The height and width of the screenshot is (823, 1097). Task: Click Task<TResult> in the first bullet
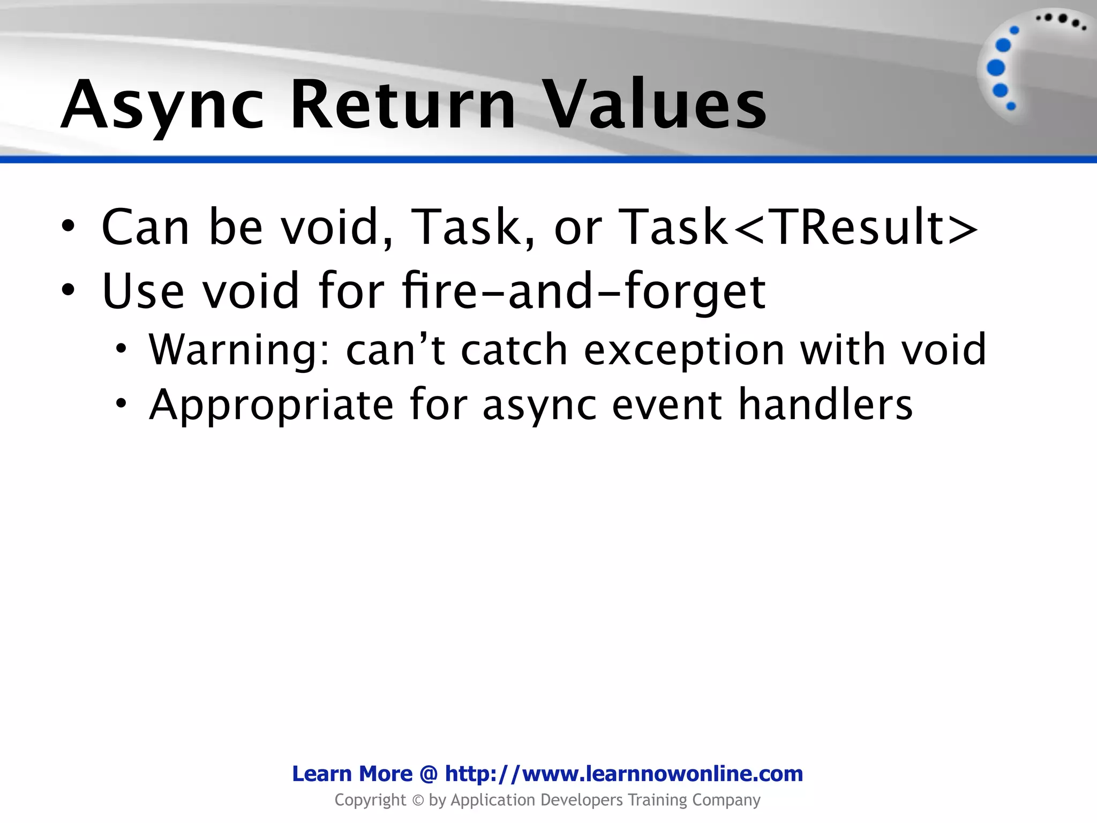tap(798, 227)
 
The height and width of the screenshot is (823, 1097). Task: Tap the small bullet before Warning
tap(122, 349)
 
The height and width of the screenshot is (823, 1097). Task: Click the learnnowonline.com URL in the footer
tap(624, 774)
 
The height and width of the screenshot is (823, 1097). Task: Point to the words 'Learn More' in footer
tap(352, 774)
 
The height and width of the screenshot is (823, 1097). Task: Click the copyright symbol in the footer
tap(418, 800)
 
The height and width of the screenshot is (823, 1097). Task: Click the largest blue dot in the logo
tap(996, 68)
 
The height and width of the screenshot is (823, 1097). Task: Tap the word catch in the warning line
tap(514, 349)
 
